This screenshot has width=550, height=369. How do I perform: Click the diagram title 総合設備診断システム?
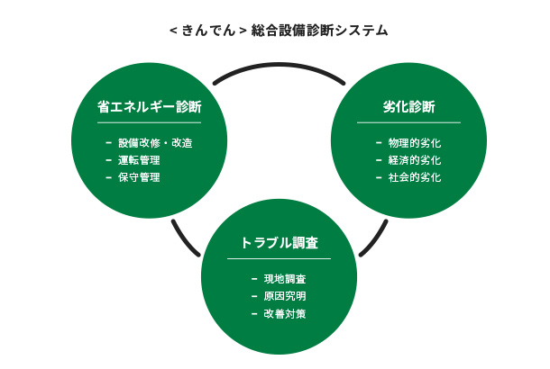click(319, 31)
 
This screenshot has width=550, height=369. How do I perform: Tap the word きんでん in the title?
click(208, 31)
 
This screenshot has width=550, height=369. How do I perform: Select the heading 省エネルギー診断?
click(150, 107)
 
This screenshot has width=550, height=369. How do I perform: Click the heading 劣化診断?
click(409, 107)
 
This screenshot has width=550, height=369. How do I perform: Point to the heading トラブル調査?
click(280, 243)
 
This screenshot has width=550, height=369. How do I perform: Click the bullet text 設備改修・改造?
click(155, 143)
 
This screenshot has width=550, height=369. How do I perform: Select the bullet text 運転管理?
click(139, 160)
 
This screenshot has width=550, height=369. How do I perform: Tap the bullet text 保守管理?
click(139, 177)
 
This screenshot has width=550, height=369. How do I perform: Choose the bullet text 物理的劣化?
click(415, 143)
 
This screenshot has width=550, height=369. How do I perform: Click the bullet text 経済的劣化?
click(415, 160)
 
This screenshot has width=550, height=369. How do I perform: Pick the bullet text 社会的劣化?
click(415, 177)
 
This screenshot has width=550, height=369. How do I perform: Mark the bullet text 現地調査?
click(285, 279)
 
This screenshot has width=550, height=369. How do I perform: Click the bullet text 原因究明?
click(285, 296)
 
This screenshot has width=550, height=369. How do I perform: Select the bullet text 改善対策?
click(285, 314)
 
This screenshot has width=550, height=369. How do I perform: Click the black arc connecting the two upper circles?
click(280, 65)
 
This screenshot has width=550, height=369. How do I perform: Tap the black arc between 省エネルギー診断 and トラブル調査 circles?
click(184, 240)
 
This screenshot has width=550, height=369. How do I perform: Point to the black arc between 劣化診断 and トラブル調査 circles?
click(375, 240)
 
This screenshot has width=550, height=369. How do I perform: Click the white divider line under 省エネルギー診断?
click(150, 123)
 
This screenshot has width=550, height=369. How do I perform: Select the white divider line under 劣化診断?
click(409, 123)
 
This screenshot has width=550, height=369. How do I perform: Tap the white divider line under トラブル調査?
click(280, 258)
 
